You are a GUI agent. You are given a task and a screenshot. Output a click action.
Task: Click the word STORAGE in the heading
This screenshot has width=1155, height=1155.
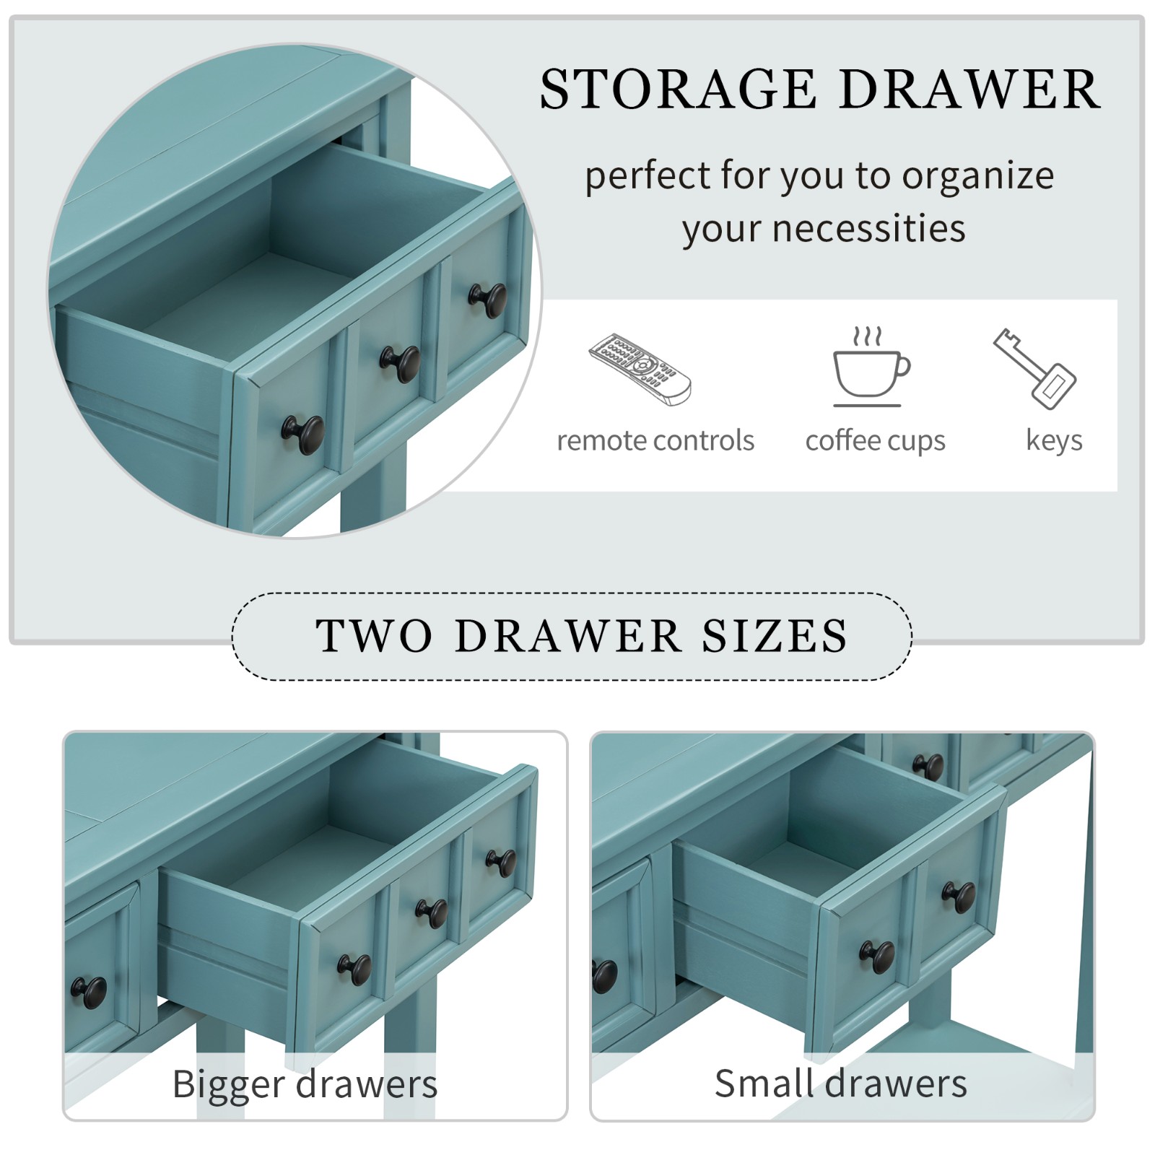[x=678, y=90]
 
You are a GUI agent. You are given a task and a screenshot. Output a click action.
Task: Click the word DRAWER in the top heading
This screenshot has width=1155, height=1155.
[x=969, y=90]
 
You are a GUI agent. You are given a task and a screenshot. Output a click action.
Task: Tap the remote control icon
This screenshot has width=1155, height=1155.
[x=640, y=368]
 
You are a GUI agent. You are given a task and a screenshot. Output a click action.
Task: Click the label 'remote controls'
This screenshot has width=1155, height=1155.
[x=655, y=440]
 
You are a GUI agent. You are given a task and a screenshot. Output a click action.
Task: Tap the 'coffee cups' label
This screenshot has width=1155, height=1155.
[x=875, y=440]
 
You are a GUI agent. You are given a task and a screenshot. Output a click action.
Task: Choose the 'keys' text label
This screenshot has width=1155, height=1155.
[x=1054, y=440]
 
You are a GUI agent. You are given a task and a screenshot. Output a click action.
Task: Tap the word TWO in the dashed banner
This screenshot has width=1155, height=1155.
[x=375, y=636]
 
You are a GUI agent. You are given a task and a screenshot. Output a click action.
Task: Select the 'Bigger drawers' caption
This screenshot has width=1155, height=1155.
[x=305, y=1084]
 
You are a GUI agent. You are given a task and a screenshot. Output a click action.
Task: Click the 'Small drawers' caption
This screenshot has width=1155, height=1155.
[x=841, y=1084]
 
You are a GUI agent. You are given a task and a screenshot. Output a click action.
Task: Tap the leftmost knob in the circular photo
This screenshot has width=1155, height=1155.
[x=303, y=435]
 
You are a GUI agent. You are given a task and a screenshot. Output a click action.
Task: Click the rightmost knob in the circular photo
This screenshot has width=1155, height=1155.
[x=487, y=300]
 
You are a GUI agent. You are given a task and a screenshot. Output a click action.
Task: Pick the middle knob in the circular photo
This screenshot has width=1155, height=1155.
[x=401, y=365]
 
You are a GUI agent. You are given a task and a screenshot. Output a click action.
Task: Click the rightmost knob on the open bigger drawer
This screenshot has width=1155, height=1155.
[x=501, y=863]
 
